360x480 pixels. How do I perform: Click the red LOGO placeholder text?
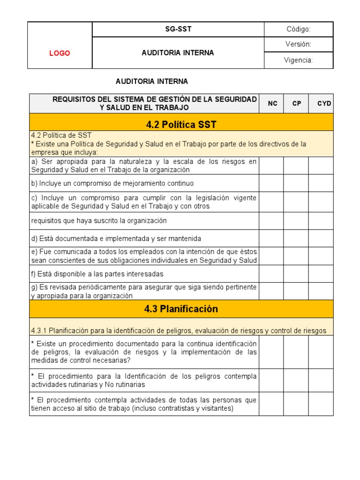pos(60,53)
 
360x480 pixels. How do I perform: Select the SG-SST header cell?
pos(178,29)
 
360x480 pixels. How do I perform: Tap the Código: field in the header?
pos(298,29)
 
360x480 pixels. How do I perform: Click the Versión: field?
pos(298,44)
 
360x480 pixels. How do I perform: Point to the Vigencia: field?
pos(298,60)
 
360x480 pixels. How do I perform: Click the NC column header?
pos(272,103)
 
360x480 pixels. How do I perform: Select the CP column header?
pos(296,103)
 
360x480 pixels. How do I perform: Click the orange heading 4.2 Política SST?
pos(181,124)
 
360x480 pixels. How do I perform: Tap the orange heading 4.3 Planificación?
pos(181,309)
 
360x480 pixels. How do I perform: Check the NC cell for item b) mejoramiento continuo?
pos(271,183)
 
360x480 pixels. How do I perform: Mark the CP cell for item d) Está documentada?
pos(296,239)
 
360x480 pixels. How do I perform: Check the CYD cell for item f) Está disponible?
pos(321,274)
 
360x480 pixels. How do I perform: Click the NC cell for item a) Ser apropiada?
pos(271,165)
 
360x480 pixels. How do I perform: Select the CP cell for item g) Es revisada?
pos(296,291)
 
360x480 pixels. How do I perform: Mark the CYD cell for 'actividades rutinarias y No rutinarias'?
pos(321,380)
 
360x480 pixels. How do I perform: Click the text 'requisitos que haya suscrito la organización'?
pos(99,221)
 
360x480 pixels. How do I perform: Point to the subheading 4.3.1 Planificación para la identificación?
pos(178,330)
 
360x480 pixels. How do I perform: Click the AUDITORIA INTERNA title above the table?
pos(152,82)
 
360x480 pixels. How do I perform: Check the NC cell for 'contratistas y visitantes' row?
pos(271,404)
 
